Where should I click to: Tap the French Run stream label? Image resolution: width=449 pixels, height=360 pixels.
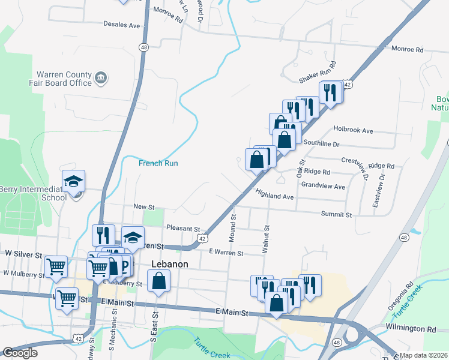tap(158, 163)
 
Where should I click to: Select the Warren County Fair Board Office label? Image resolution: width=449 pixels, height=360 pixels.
tap(64, 79)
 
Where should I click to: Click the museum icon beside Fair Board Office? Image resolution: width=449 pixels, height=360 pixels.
tap(101, 77)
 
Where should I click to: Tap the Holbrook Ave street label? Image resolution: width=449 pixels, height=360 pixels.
tap(354, 130)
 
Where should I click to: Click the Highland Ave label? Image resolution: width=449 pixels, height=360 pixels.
tap(274, 196)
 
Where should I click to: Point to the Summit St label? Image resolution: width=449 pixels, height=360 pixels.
tap(336, 214)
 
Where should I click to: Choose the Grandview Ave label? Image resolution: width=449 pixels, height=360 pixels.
tap(323, 186)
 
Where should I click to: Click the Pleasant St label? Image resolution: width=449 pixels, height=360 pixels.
tap(182, 229)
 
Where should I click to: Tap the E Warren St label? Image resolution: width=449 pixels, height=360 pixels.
tap(227, 254)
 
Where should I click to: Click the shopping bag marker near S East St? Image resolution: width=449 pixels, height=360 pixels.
tap(158, 281)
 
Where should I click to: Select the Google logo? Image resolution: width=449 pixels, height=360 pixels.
tap(20, 353)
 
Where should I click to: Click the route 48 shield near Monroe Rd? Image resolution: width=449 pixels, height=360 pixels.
tap(143, 46)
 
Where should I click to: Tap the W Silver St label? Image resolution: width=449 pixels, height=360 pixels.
tap(21, 254)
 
